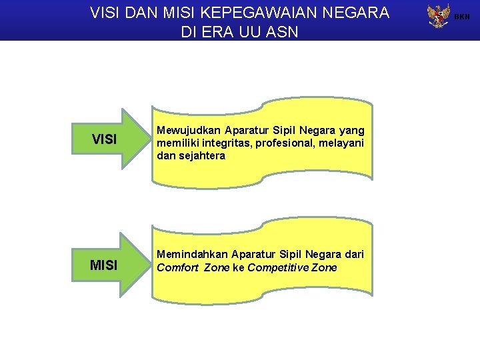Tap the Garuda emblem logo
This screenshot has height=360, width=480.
coord(438,16)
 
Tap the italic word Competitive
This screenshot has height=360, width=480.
coord(275,267)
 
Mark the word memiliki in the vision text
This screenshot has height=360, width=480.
coord(176,143)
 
